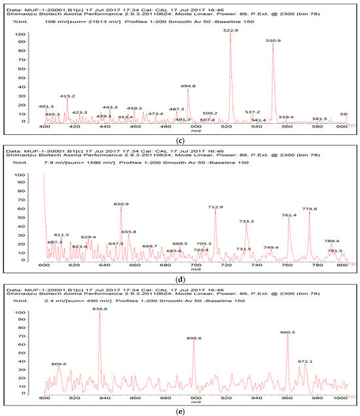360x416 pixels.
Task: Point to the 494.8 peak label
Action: pos(188,86)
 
